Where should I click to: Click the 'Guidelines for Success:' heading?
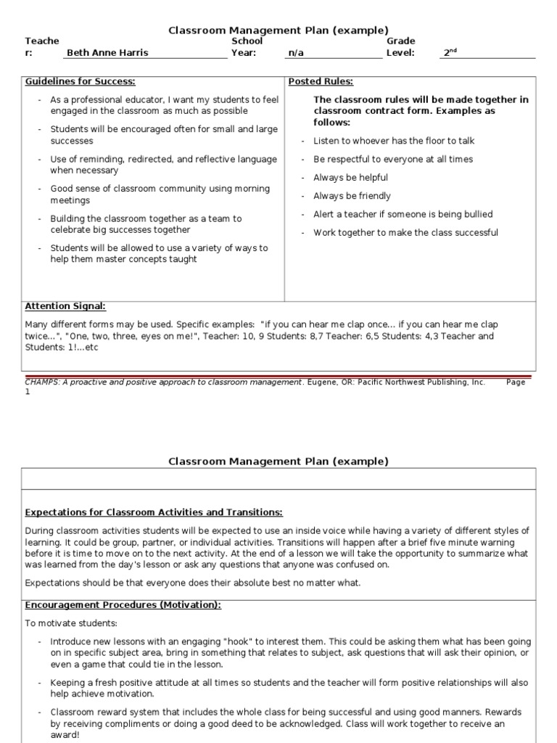click(81, 82)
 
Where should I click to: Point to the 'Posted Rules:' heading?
click(321, 82)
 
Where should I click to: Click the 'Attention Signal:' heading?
click(65, 307)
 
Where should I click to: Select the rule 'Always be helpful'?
click(350, 178)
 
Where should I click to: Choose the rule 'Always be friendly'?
click(352, 196)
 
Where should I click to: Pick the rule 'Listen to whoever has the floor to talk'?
click(394, 141)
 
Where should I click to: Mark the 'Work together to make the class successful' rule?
click(405, 233)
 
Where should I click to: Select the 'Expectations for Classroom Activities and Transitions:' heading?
click(154, 513)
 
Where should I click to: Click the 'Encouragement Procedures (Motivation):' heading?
click(123, 605)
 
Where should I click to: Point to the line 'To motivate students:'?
click(70, 623)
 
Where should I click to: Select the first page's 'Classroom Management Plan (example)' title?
click(278, 30)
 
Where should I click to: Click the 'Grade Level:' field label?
click(400, 47)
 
